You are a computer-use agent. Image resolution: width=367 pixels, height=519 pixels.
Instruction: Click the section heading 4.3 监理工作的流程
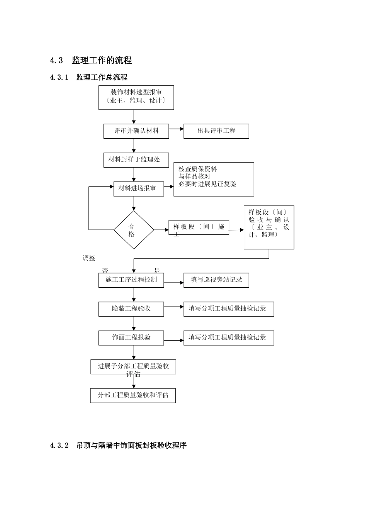pyautogui.click(x=91, y=60)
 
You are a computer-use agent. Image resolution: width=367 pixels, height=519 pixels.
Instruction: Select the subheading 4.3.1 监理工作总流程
pyautogui.click(x=88, y=77)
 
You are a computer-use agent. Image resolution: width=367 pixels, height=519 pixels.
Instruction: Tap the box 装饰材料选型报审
pyautogui.click(x=136, y=97)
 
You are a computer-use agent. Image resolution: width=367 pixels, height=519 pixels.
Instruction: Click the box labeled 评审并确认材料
pyautogui.click(x=136, y=131)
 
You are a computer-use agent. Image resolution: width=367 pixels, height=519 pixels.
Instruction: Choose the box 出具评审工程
pyautogui.click(x=216, y=131)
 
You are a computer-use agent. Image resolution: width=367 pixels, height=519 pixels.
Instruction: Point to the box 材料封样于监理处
pyautogui.click(x=136, y=160)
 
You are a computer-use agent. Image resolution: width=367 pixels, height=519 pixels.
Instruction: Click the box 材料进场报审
pyautogui.click(x=139, y=189)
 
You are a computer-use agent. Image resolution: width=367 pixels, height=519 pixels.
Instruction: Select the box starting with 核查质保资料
pyautogui.click(x=214, y=179)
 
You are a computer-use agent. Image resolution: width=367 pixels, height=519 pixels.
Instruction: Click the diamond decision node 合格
pyautogui.click(x=134, y=230)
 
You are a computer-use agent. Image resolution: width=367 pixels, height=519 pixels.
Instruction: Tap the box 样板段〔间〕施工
pyautogui.click(x=199, y=227)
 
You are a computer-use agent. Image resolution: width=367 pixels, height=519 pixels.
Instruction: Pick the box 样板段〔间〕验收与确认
pyautogui.click(x=269, y=227)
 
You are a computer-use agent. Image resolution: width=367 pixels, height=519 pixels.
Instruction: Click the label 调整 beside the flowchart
pyautogui.click(x=89, y=258)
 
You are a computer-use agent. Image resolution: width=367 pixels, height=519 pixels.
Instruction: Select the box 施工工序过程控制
pyautogui.click(x=131, y=280)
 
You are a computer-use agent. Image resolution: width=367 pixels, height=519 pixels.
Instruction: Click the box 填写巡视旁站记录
pyautogui.click(x=216, y=280)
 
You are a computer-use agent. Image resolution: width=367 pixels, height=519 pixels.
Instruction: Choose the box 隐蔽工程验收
pyautogui.click(x=131, y=309)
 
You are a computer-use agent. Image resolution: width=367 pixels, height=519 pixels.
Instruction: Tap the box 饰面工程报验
pyautogui.click(x=131, y=338)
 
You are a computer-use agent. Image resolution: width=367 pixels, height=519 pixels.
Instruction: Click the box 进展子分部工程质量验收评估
pyautogui.click(x=133, y=367)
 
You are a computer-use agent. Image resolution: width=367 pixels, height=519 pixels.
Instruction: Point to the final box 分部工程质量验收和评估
pyautogui.click(x=133, y=395)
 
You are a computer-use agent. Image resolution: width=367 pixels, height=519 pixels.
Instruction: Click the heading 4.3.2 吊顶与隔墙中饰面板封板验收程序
pyautogui.click(x=118, y=446)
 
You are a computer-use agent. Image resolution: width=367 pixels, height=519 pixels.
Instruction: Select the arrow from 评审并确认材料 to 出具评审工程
pyautogui.click(x=177, y=129)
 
